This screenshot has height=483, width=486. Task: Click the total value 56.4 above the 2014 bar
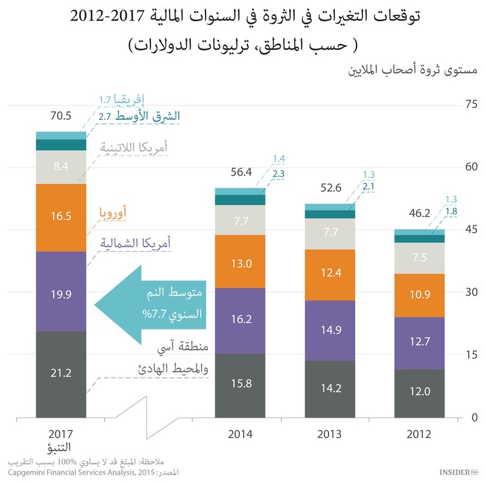pyautogui.click(x=240, y=172)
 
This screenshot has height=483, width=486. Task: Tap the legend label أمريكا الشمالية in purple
pyautogui.click(x=136, y=243)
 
